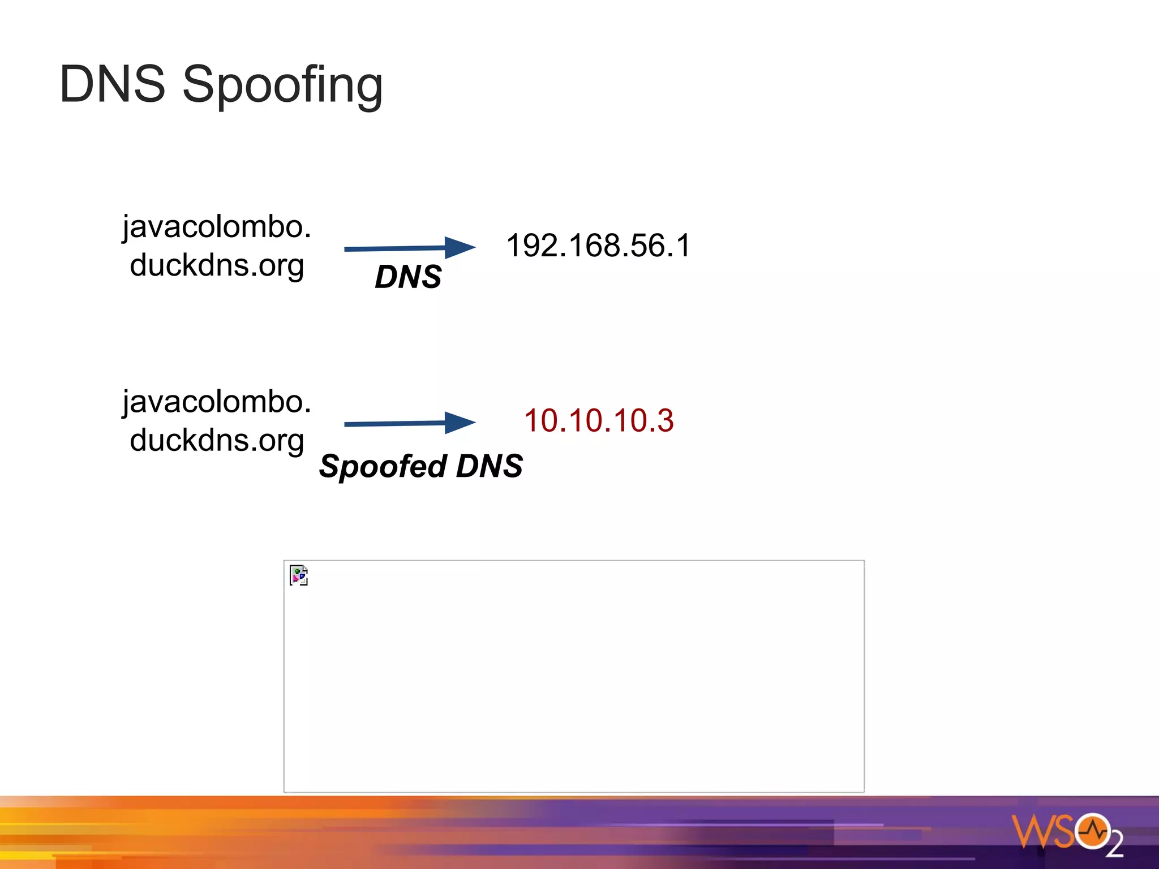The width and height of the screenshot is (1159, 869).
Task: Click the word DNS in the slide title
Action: click(x=112, y=85)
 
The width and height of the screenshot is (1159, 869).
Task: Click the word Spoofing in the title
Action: click(x=282, y=86)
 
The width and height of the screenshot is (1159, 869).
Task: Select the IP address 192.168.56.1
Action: click(x=598, y=246)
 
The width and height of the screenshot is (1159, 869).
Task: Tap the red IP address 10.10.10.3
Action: click(x=599, y=420)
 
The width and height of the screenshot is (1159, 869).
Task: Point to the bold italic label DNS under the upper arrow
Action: click(x=408, y=277)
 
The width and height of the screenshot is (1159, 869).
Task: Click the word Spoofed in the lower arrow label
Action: click(x=383, y=467)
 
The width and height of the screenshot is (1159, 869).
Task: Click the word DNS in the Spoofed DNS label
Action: click(x=489, y=466)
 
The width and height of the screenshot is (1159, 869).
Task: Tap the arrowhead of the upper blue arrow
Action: click(x=458, y=247)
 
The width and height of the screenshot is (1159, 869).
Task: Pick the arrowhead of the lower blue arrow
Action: click(x=458, y=422)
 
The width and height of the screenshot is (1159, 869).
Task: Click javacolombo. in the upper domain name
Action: click(x=217, y=227)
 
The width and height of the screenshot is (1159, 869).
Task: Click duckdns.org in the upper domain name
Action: click(x=217, y=265)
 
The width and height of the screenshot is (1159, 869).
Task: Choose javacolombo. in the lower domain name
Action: click(x=217, y=402)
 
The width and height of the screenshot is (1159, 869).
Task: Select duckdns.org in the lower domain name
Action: click(x=217, y=440)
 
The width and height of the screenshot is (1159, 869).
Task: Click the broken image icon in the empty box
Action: click(x=298, y=575)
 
